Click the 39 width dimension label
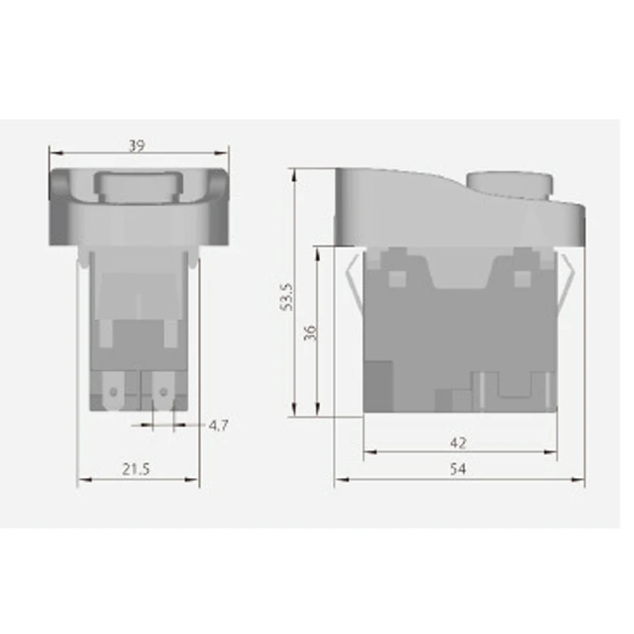[x=136, y=146]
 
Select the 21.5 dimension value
[x=136, y=469]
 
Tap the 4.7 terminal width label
[x=219, y=426]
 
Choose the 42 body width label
[x=457, y=442]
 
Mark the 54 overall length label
[x=457, y=469]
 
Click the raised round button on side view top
[x=508, y=183]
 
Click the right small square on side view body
[x=521, y=278]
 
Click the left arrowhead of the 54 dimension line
[x=338, y=479]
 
